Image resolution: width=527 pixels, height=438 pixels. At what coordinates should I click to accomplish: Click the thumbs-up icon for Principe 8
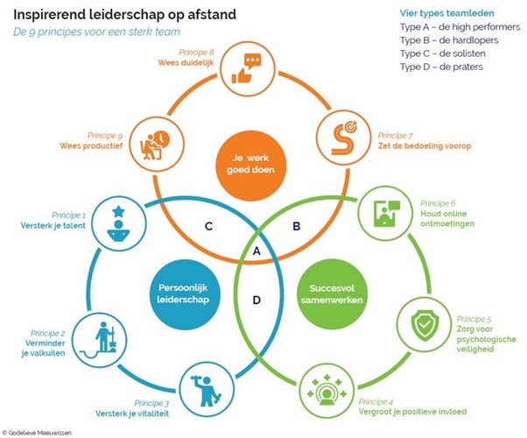pyautogui.click(x=246, y=68)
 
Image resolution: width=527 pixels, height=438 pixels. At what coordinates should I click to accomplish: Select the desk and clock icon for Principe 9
pyautogui.click(x=155, y=145)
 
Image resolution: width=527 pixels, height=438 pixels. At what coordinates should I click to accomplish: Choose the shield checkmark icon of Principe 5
pyautogui.click(x=425, y=325)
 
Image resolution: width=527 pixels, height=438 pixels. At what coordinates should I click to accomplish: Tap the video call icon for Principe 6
pyautogui.click(x=387, y=213)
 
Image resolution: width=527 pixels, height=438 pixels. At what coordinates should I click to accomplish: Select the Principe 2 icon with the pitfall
pyautogui.click(x=101, y=340)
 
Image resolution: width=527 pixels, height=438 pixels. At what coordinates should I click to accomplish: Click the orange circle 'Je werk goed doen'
pyautogui.click(x=250, y=166)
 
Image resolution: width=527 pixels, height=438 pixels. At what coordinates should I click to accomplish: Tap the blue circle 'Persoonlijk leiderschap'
pyautogui.click(x=183, y=294)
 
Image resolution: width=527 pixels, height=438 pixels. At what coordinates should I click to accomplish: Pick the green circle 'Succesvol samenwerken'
pyautogui.click(x=332, y=294)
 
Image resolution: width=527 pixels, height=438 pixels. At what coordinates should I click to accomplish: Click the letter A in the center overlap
pyautogui.click(x=256, y=251)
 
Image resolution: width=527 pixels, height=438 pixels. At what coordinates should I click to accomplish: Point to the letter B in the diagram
pyautogui.click(x=297, y=226)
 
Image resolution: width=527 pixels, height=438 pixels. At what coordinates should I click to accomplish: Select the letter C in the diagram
pyautogui.click(x=208, y=226)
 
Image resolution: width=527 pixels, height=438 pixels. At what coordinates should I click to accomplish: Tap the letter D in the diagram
pyautogui.click(x=256, y=300)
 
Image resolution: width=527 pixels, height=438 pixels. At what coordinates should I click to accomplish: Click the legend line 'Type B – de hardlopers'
pyautogui.click(x=449, y=40)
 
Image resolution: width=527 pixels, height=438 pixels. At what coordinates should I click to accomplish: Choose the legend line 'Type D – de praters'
pyautogui.click(x=441, y=67)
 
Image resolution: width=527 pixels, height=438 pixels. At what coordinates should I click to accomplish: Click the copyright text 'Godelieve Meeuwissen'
pyautogui.click(x=39, y=433)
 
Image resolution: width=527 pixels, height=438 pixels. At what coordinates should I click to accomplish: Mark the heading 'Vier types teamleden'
pyautogui.click(x=447, y=13)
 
